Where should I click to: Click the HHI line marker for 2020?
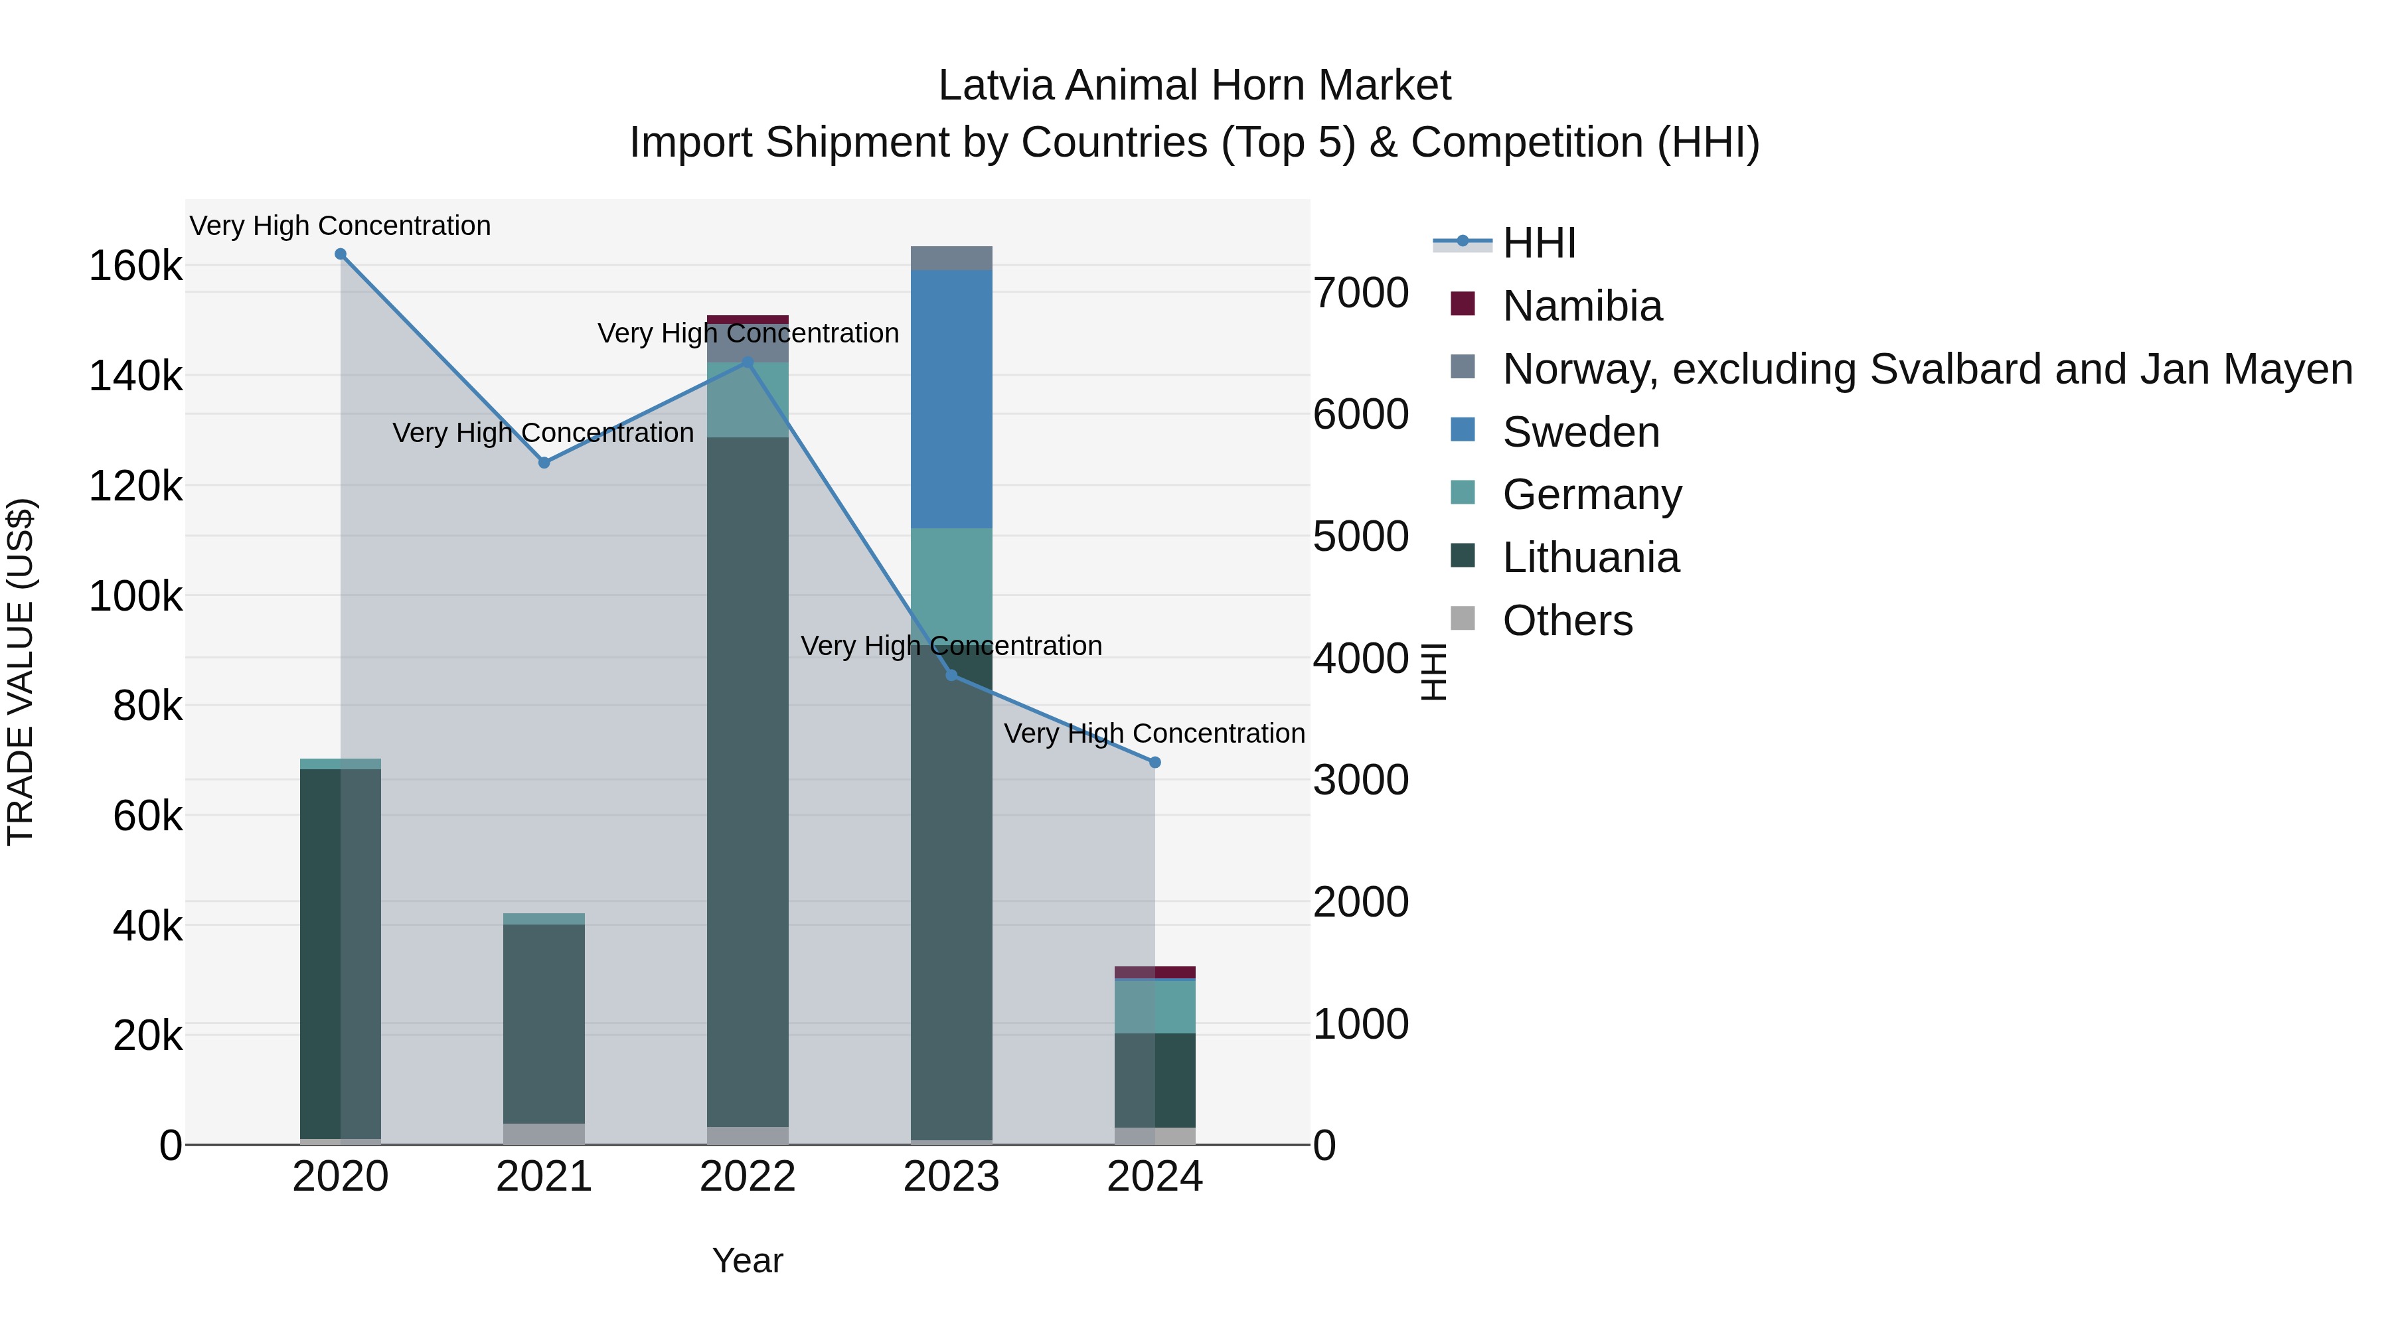pyautogui.click(x=341, y=254)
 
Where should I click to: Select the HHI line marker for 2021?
pyautogui.click(x=544, y=463)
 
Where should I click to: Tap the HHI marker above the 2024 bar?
pyautogui.click(x=1155, y=763)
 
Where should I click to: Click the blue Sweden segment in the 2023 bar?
pyautogui.click(x=951, y=399)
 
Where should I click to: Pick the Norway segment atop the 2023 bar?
pyautogui.click(x=951, y=258)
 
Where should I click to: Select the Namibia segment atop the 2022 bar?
pyautogui.click(x=748, y=320)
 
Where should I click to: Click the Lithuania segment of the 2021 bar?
pyautogui.click(x=544, y=1020)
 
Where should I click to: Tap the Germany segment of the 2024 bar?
pyautogui.click(x=1155, y=1006)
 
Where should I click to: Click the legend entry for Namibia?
pyautogui.click(x=1582, y=306)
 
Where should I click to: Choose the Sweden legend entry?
pyautogui.click(x=1580, y=432)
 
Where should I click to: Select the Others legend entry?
pyautogui.click(x=1567, y=621)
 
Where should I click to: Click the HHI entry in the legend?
pyautogui.click(x=1538, y=243)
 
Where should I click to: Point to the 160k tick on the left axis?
pyautogui.click(x=135, y=266)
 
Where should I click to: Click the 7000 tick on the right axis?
pyautogui.click(x=1361, y=293)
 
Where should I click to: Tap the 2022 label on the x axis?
pyautogui.click(x=748, y=1177)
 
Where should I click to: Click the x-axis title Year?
pyautogui.click(x=748, y=1260)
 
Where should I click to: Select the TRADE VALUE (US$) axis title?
pyautogui.click(x=21, y=672)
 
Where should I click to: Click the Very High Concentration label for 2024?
pyautogui.click(x=1155, y=733)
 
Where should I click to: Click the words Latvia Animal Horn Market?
pyautogui.click(x=1194, y=86)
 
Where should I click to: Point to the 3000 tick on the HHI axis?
pyautogui.click(x=1361, y=780)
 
